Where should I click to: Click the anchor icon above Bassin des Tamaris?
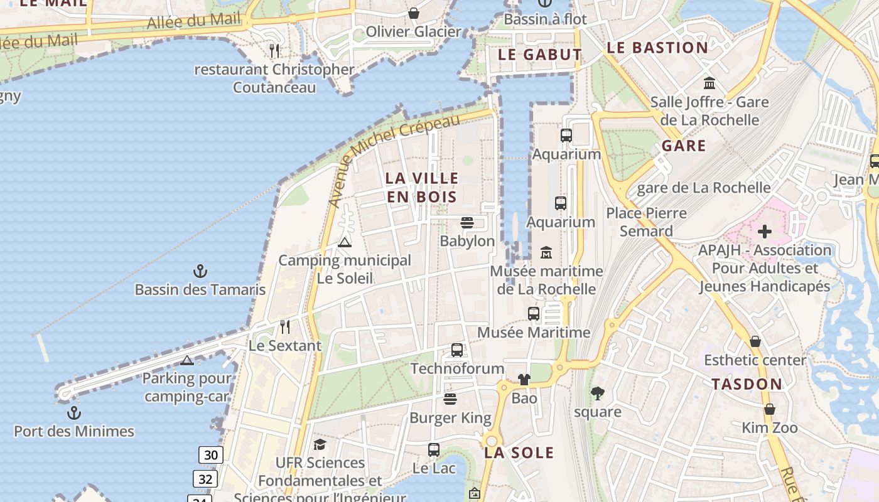tap(200, 271)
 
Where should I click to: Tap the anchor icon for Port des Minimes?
tap(74, 413)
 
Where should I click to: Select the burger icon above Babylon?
tap(466, 223)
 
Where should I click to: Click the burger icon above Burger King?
tap(450, 399)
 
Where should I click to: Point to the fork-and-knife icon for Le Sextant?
tap(285, 326)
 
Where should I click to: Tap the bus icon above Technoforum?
tap(457, 350)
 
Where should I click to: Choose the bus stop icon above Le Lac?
tap(433, 449)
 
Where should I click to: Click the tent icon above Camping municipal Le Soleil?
tap(344, 242)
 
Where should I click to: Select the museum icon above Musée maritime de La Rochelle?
tap(546, 252)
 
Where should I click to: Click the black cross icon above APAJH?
tap(764, 232)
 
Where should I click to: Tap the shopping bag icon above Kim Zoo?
tap(769, 409)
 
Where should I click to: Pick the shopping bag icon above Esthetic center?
tap(755, 341)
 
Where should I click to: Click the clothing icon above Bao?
tap(524, 379)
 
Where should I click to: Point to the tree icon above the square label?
tap(597, 393)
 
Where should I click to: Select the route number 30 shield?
tap(211, 455)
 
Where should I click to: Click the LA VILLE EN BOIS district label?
tap(421, 187)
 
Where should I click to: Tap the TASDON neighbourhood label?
tap(747, 384)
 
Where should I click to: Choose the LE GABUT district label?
tap(539, 55)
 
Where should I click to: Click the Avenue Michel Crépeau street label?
tap(394, 160)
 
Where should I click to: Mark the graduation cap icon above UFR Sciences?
tap(320, 444)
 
